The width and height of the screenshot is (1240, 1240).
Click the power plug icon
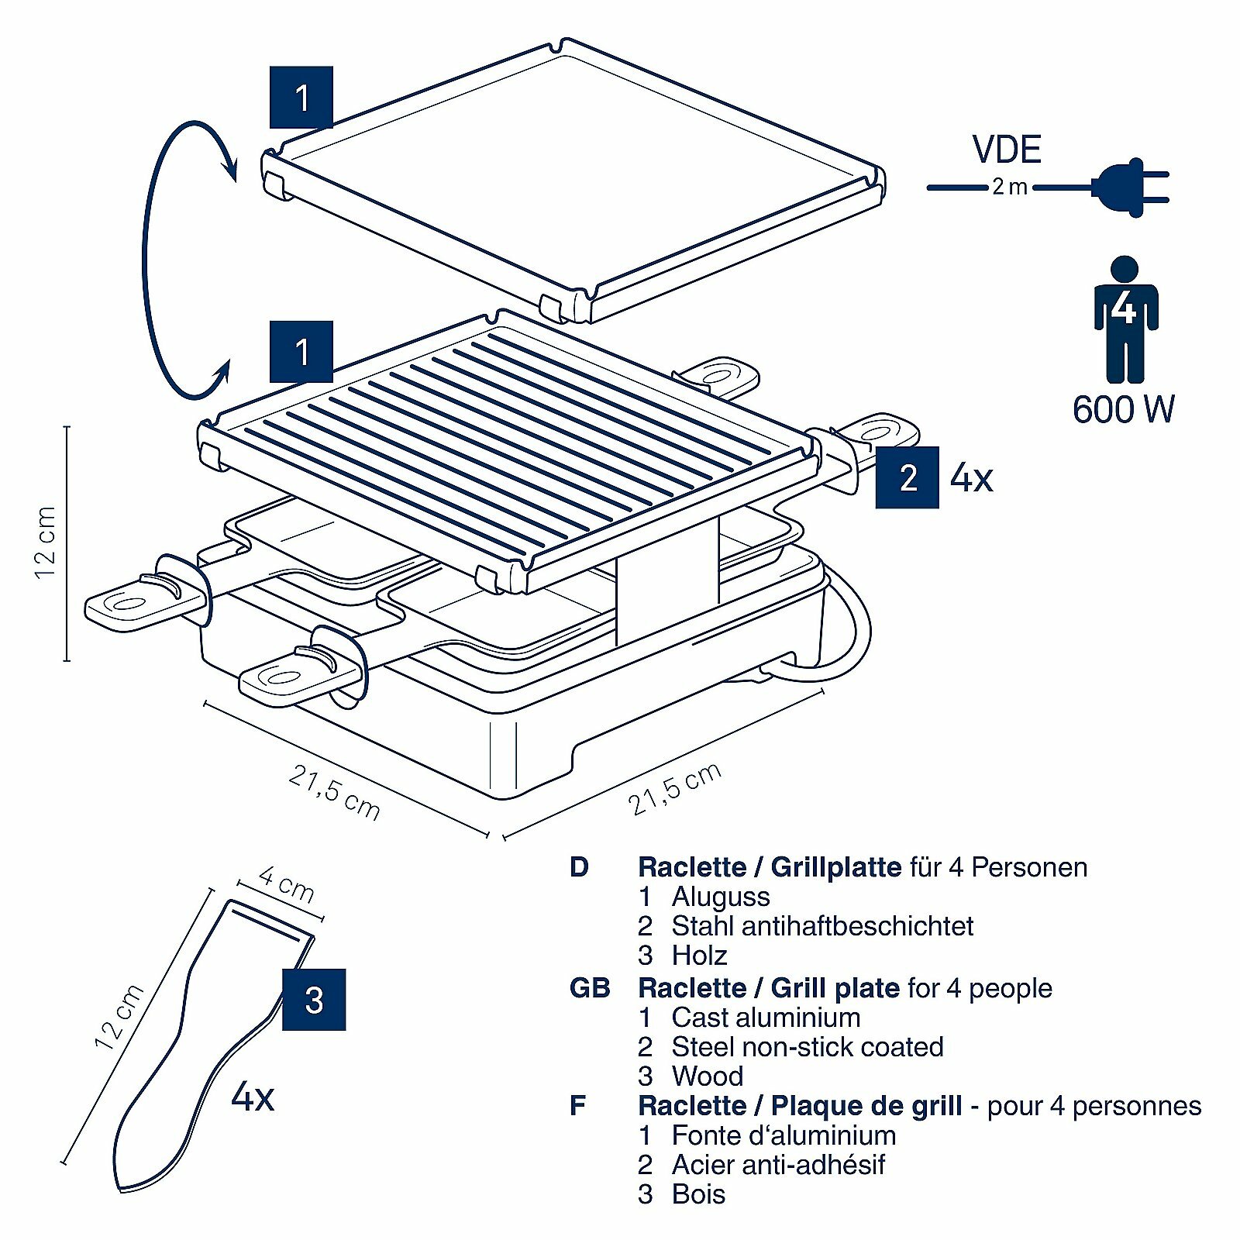tap(1129, 187)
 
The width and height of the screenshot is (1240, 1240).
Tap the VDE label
tap(1007, 150)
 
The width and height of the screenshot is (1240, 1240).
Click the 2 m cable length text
tap(1010, 188)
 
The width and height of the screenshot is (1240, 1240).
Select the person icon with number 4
tap(1125, 319)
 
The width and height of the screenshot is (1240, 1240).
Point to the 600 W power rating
tap(1123, 409)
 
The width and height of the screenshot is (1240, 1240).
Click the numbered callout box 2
tap(907, 477)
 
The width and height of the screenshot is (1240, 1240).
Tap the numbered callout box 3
tap(314, 1000)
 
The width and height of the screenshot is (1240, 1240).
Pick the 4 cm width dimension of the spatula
tap(286, 886)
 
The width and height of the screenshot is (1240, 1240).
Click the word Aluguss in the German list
tap(721, 897)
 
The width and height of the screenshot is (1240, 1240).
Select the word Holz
tap(699, 956)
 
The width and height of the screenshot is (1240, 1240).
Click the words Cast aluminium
tap(766, 1018)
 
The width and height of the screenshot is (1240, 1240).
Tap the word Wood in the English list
tap(708, 1076)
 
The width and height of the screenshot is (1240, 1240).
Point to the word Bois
tap(698, 1194)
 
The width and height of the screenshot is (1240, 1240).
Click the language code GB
tap(589, 988)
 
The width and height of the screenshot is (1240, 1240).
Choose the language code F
tap(577, 1106)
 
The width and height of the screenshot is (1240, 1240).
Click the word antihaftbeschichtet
tap(860, 926)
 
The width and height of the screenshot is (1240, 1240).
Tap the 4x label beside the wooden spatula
tap(253, 1097)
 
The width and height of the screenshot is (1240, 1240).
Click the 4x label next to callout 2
tap(971, 477)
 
